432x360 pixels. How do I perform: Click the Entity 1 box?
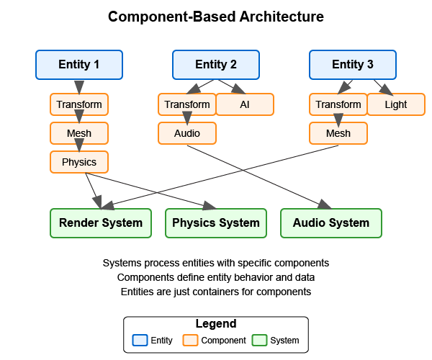tap(79, 64)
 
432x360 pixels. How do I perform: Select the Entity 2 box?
tap(216, 64)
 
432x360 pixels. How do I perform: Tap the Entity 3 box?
tap(353, 64)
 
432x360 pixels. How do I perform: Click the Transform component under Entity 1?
tap(79, 104)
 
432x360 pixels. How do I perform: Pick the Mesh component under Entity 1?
tap(79, 133)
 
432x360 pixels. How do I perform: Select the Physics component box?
tap(79, 162)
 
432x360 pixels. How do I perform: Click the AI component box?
tap(245, 104)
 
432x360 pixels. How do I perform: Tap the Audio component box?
tap(187, 133)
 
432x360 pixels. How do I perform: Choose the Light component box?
tap(396, 104)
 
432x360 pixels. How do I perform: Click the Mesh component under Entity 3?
tap(338, 133)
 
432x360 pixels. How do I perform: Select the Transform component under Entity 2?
tap(187, 104)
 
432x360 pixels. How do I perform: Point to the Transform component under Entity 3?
tap(338, 104)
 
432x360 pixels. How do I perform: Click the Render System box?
tap(101, 222)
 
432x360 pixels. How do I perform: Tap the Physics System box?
tap(216, 222)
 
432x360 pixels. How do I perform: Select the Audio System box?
tap(331, 222)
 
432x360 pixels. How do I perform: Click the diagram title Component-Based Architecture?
tap(216, 16)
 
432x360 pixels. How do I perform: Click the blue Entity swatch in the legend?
tap(140, 340)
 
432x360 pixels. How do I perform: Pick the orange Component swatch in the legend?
tap(190, 340)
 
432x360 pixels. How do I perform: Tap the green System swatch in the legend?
tap(258, 340)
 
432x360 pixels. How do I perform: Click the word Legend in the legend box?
tap(216, 324)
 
